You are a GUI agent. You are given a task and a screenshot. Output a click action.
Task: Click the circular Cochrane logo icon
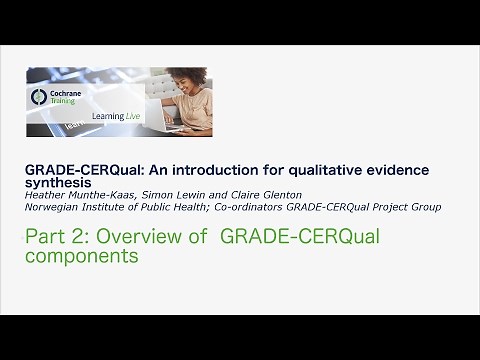click(x=39, y=97)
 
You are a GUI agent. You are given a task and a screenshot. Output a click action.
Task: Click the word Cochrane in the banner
click(x=63, y=93)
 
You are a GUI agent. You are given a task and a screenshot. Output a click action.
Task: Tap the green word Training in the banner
click(x=62, y=102)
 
